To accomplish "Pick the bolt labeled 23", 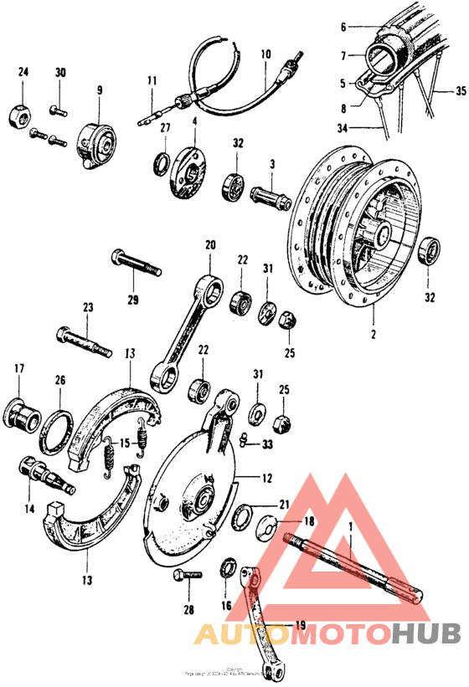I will point(83,341).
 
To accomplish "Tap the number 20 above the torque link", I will point(210,245).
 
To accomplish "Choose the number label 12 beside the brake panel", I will point(266,479).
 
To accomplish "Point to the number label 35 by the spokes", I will point(461,92).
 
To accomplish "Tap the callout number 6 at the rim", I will point(342,27).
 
